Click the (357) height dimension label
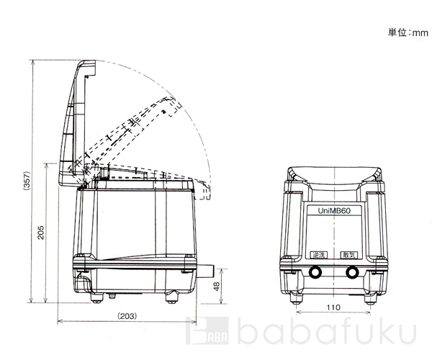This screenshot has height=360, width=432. click(27, 181)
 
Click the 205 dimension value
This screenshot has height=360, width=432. click(40, 233)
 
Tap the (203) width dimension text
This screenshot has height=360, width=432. click(127, 316)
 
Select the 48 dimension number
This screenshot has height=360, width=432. click(217, 287)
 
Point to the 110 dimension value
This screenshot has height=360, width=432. click(333, 307)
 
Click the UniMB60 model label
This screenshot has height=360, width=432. click(334, 211)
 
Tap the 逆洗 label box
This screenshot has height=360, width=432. click(319, 255)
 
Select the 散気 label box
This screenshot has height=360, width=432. click(349, 255)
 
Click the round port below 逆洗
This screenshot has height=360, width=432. click(315, 272)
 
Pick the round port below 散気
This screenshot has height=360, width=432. click(352, 273)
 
